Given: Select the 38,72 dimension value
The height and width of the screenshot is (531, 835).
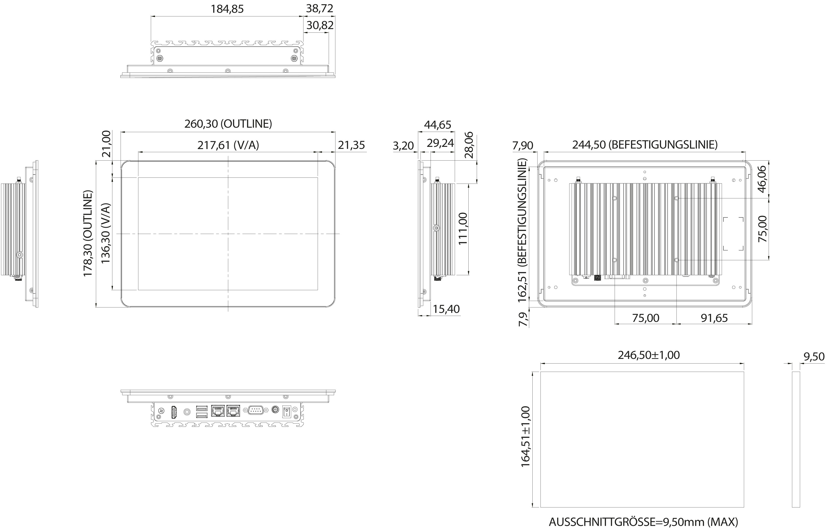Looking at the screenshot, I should pyautogui.click(x=319, y=8).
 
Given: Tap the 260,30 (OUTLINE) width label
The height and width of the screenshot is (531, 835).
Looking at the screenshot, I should pyautogui.click(x=228, y=124).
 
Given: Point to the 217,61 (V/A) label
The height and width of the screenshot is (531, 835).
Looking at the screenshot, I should pyautogui.click(x=228, y=145).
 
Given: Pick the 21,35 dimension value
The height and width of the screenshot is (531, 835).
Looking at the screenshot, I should pyautogui.click(x=351, y=145).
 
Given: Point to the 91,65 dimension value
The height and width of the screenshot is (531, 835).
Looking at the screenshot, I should pyautogui.click(x=714, y=318).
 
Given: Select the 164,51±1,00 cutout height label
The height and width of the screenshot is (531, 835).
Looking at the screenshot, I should pyautogui.click(x=526, y=437).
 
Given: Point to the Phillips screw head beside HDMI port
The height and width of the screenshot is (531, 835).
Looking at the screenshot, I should pyautogui.click(x=161, y=411).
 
